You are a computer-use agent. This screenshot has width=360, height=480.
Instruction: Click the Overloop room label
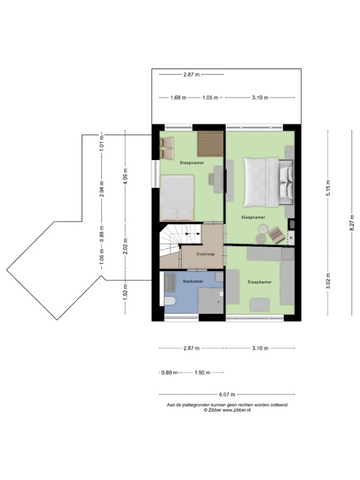coord(206,254)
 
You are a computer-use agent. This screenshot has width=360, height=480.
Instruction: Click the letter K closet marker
coord(291,237)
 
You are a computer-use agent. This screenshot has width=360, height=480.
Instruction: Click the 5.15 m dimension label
coord(328,187)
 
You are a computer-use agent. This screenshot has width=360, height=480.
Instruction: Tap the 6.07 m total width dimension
coord(227,394)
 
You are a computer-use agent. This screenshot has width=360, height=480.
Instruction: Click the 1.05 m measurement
coord(211,97)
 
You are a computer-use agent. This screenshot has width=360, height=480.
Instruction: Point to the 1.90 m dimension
coord(201,372)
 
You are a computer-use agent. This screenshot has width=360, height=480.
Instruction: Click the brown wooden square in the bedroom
coord(210,144)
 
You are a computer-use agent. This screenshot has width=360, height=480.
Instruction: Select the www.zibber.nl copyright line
coord(227,411)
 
